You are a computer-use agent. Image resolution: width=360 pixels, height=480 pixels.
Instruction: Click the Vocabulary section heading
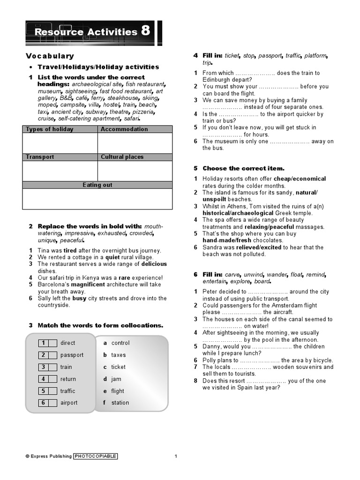point(50,56)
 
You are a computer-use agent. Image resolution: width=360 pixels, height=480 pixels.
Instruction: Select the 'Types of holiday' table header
point(49,129)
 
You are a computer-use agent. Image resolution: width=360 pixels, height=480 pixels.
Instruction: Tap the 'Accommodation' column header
point(124,129)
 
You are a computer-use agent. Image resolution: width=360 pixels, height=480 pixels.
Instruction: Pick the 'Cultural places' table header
point(122,157)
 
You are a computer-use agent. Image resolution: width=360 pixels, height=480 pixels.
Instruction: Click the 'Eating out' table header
point(97,185)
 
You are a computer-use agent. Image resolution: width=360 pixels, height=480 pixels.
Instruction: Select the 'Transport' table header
point(40,157)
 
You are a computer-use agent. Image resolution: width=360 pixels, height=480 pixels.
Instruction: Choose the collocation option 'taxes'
point(118,355)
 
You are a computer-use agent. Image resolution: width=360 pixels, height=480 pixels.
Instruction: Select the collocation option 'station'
point(120,403)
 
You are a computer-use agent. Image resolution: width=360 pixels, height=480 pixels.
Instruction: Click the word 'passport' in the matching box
point(72,355)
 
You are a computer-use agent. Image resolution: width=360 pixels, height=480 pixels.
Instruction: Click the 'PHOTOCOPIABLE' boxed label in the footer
point(95,456)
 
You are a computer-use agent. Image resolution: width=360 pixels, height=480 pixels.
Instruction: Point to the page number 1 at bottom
point(176,456)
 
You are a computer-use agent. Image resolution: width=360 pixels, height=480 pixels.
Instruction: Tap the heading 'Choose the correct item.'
point(243,168)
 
